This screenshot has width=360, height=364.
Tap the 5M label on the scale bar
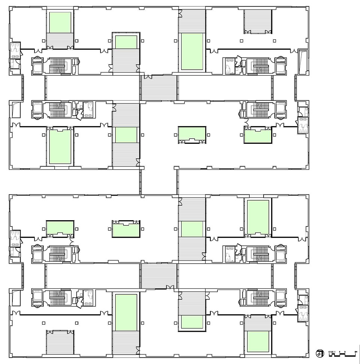coord(355,351)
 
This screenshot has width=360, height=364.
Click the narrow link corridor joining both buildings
coord(158,182)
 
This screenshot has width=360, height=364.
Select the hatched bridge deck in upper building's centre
coord(159,88)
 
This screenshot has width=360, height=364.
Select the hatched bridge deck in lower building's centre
coord(159,276)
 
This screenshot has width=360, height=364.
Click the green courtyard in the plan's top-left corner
coord(60,22)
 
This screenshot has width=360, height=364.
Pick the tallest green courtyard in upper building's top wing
coord(192,52)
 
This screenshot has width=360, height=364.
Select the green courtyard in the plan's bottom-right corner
coord(258,342)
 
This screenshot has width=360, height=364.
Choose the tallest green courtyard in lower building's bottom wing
coord(126,312)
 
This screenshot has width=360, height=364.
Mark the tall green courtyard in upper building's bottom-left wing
coord(60,146)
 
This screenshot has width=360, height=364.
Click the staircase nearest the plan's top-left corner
coord(57,65)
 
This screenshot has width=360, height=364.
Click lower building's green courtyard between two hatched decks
coord(192,229)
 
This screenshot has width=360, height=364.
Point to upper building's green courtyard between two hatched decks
coord(126,135)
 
